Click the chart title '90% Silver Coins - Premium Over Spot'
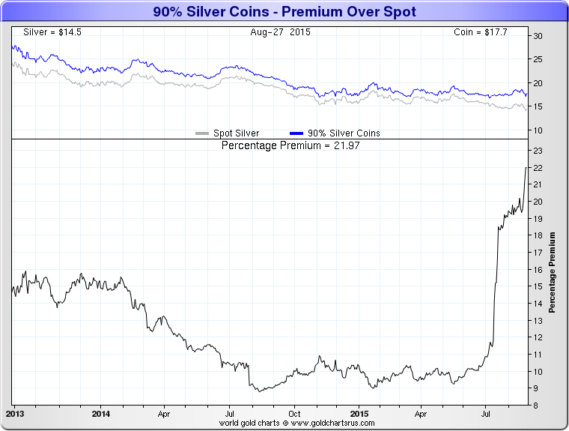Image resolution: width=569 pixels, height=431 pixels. tap(284, 12)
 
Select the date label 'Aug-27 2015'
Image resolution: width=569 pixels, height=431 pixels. tap(281, 32)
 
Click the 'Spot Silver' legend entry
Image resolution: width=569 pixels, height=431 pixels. tap(228, 133)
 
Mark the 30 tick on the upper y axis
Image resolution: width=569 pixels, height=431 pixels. tap(538, 36)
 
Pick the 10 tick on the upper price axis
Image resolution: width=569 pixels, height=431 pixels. tap(538, 130)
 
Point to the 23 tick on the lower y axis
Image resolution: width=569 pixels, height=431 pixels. tap(538, 151)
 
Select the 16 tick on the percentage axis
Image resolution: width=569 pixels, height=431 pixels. tap(538, 270)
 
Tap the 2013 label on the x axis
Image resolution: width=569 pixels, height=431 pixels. tap(15, 413)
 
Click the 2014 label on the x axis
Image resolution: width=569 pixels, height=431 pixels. tap(101, 413)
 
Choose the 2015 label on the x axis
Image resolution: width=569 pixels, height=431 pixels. tap(359, 413)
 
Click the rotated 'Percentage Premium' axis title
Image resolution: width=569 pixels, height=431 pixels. tap(553, 272)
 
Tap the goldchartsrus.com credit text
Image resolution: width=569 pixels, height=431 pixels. tap(296, 424)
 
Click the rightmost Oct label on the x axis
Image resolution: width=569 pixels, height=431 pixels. tap(295, 413)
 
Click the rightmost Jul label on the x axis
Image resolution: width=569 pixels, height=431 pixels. tap(487, 413)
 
